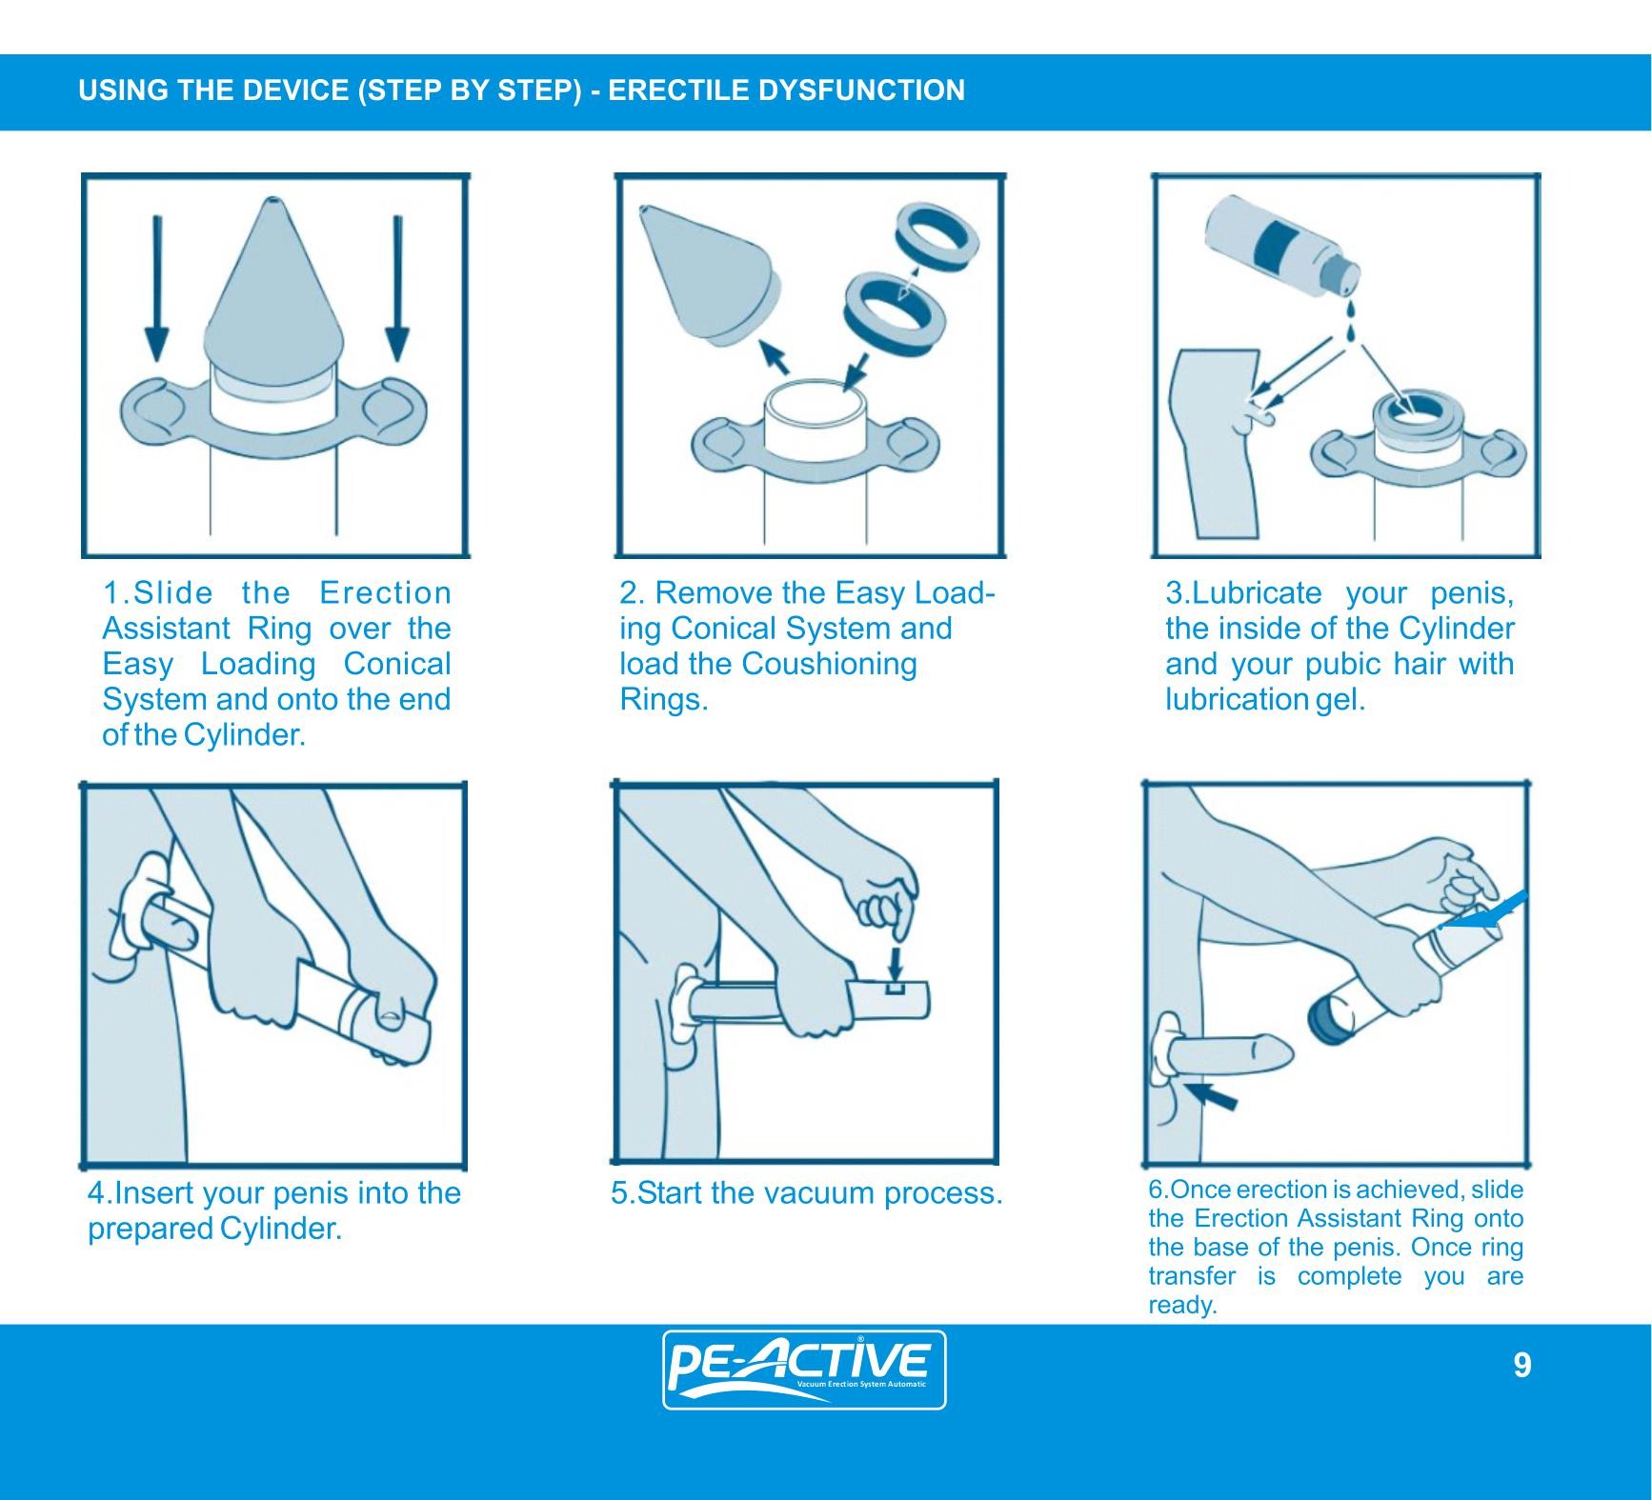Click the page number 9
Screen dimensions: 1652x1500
1522,1366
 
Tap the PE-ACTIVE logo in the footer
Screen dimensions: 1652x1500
804,1370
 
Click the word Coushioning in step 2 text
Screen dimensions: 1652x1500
829,664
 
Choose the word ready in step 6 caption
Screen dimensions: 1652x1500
1181,1306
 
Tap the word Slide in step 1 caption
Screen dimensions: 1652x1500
173,592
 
